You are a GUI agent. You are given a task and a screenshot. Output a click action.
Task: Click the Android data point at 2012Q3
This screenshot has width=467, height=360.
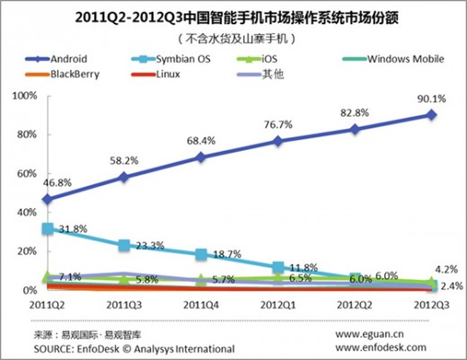click(x=431, y=114)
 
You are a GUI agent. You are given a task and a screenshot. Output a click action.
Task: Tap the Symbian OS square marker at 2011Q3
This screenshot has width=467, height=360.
click(x=124, y=245)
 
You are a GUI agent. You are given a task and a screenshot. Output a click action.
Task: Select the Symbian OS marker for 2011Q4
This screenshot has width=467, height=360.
click(x=201, y=254)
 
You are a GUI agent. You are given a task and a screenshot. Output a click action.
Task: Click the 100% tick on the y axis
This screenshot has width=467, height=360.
click(x=26, y=96)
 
